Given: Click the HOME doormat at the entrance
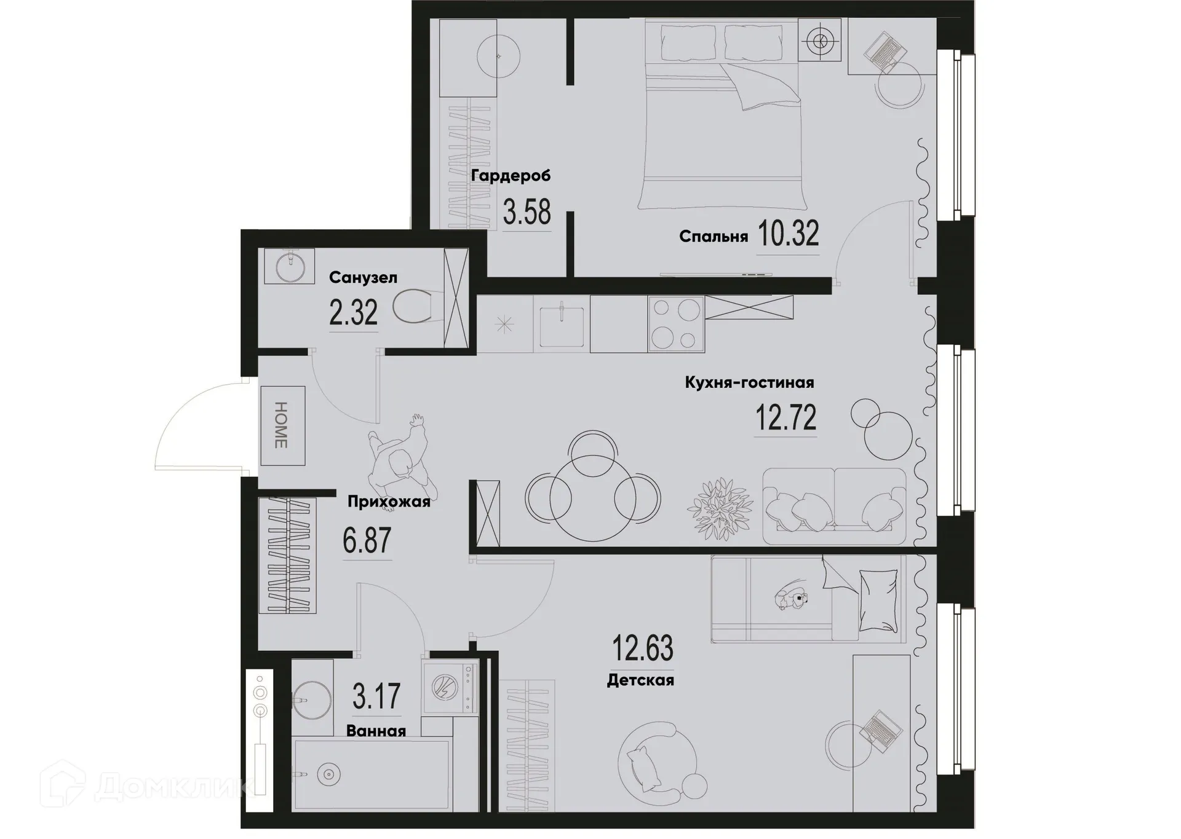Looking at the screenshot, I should click(x=282, y=425).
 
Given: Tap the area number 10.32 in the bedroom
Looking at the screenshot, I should click(x=788, y=234).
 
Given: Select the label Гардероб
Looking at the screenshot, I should click(x=511, y=176).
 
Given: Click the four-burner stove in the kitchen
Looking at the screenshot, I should click(x=676, y=324).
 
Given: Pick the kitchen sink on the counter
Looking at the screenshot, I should click(x=561, y=326).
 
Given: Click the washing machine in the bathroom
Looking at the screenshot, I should click(x=450, y=687).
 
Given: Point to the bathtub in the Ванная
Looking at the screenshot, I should click(x=372, y=774).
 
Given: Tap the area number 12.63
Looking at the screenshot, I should click(x=642, y=648).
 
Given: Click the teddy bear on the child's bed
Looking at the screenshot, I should click(x=791, y=597).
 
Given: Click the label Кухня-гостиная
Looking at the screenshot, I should click(x=749, y=382).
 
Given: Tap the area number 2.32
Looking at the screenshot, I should click(x=353, y=313).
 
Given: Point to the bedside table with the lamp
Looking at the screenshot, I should click(x=819, y=41).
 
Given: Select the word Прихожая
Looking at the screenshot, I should click(x=389, y=502).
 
